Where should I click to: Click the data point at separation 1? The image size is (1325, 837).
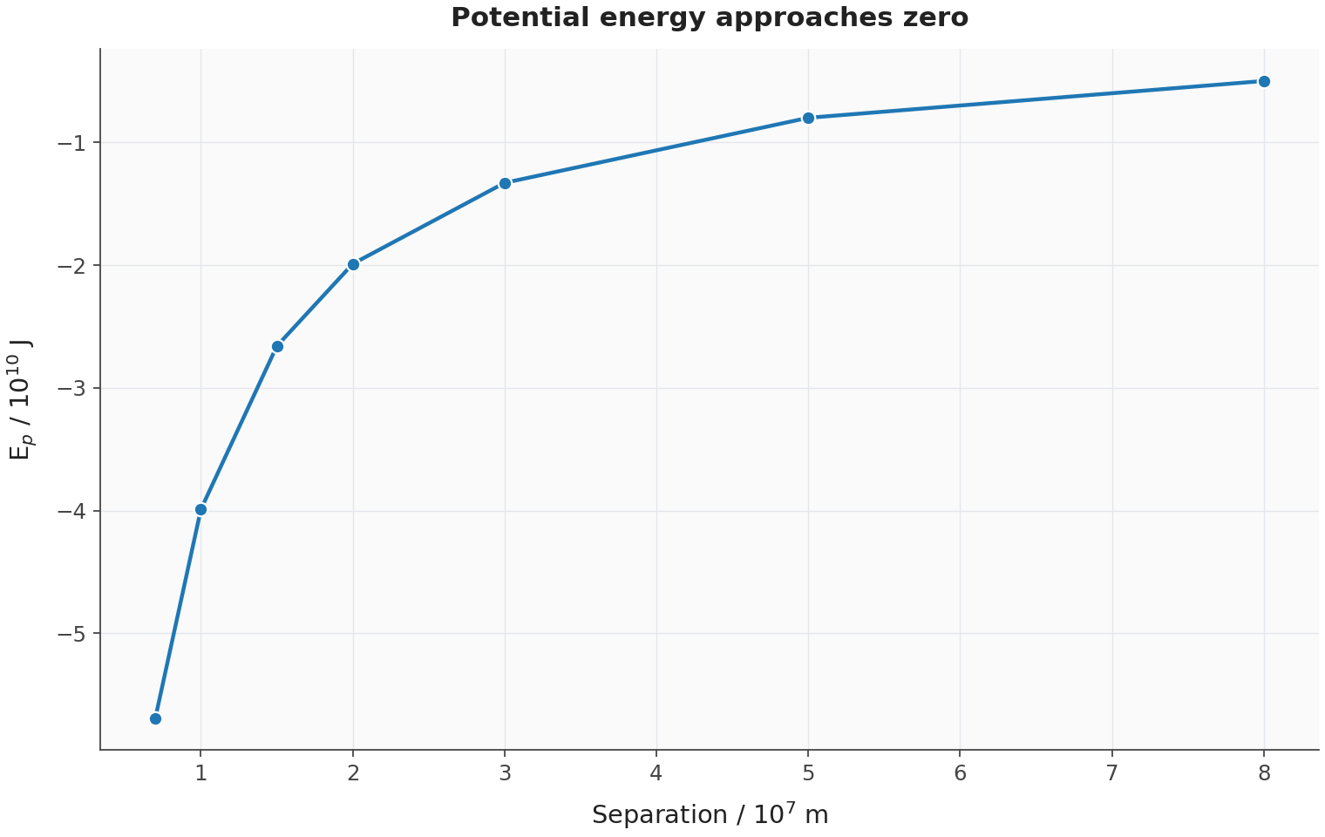(x=201, y=510)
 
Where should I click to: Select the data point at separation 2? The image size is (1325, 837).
(x=353, y=264)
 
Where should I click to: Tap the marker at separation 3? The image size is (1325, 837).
(x=506, y=183)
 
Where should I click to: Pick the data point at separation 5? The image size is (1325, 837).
(x=809, y=119)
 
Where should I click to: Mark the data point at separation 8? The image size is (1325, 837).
(x=1264, y=82)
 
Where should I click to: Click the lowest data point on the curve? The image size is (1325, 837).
(x=155, y=718)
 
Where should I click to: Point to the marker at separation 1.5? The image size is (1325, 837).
(x=277, y=347)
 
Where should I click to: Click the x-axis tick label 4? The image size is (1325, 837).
(x=656, y=773)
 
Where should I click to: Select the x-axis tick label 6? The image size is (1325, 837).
(x=960, y=773)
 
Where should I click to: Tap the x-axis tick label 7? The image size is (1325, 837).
(x=1112, y=773)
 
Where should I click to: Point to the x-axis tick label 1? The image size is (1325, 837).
(x=201, y=773)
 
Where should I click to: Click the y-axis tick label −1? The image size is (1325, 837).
(x=71, y=143)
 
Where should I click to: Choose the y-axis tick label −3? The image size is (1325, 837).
(x=71, y=389)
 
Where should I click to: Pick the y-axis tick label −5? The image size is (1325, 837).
(x=71, y=634)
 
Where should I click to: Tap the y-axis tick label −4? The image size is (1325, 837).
(x=71, y=511)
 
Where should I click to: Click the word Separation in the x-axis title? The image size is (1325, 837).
(x=660, y=815)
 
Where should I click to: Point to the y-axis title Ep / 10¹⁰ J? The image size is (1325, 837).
(x=21, y=399)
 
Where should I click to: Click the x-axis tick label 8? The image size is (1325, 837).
(x=1264, y=773)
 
